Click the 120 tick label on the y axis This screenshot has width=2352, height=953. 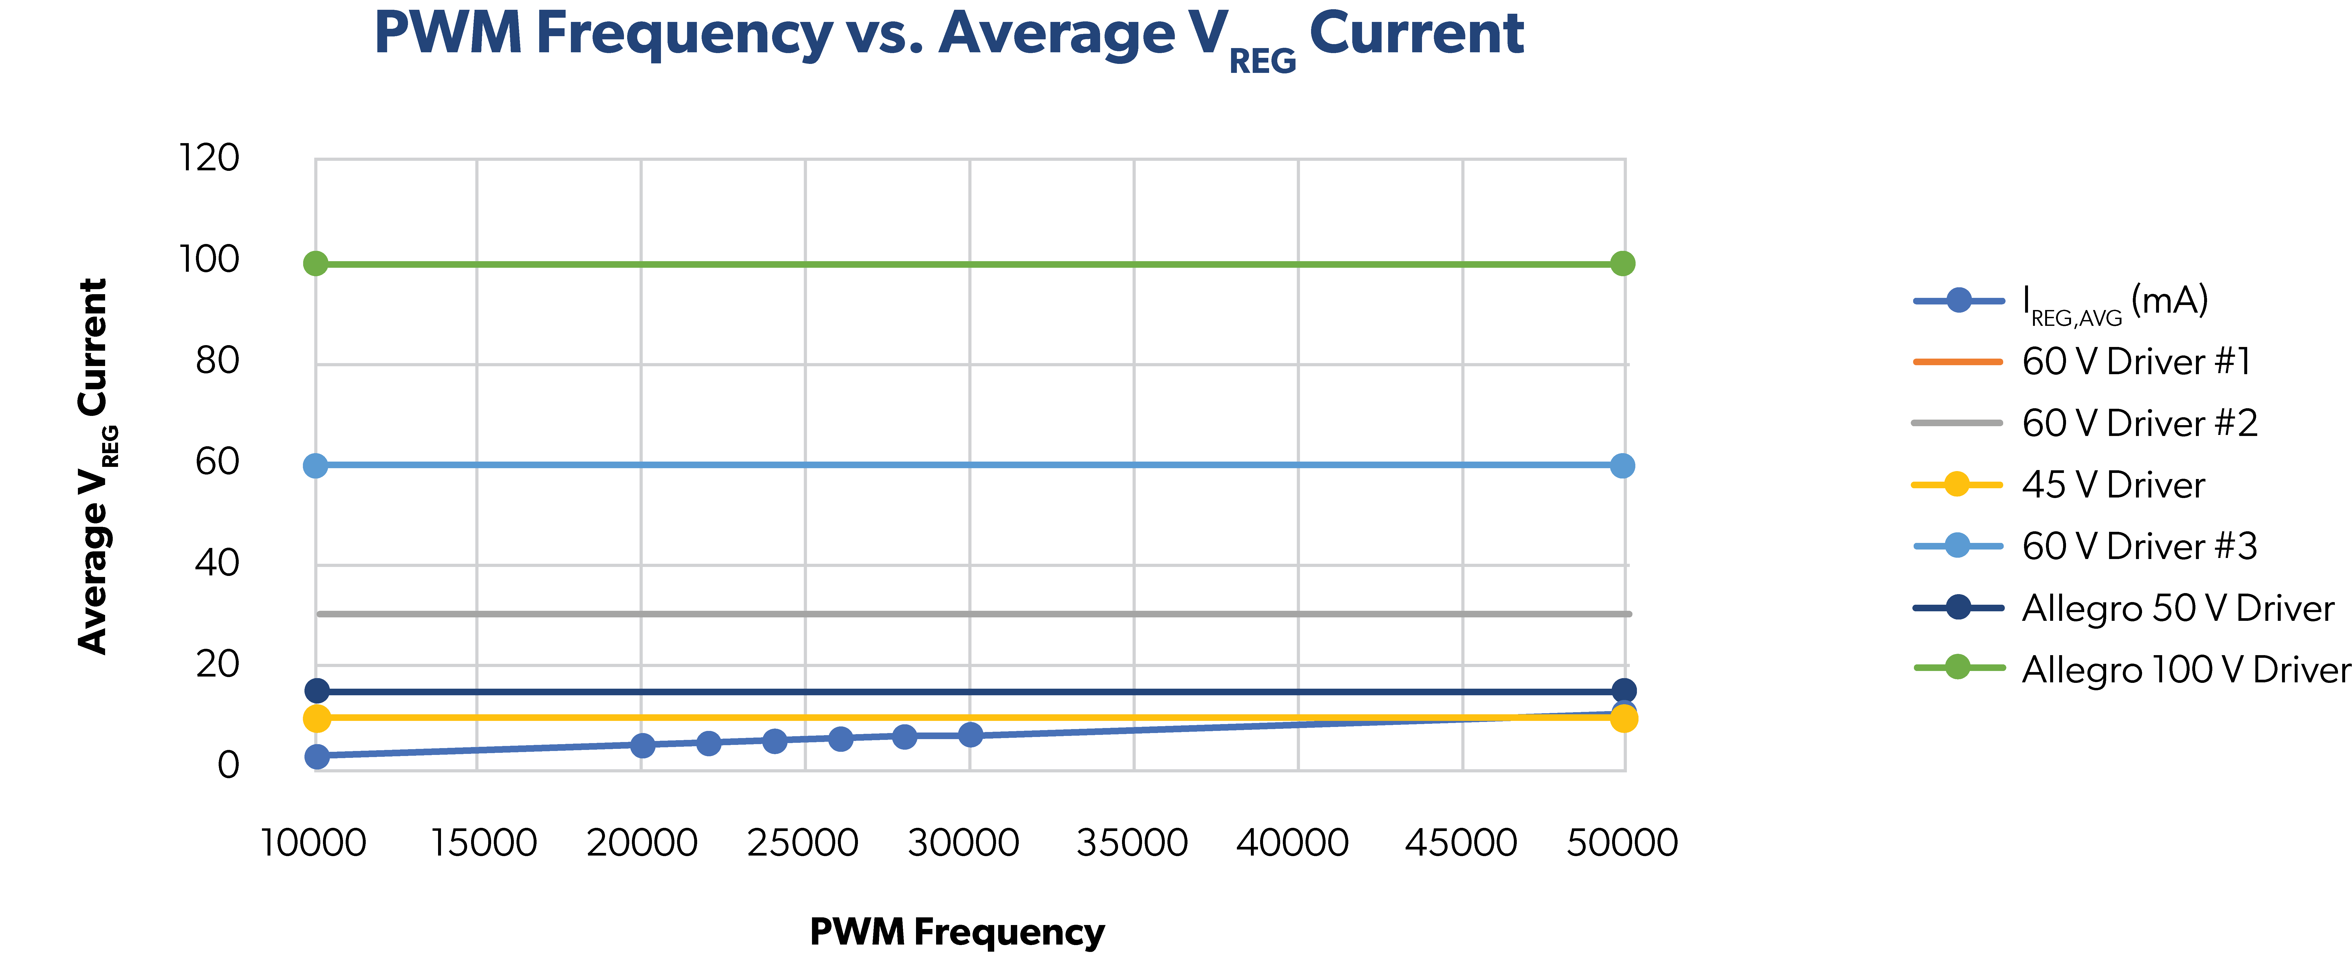pyautogui.click(x=209, y=158)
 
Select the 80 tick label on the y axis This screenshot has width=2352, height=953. pyautogui.click(x=217, y=360)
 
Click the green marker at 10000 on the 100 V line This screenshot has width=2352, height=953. pyautogui.click(x=316, y=264)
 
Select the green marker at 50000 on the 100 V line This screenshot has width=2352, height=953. pyautogui.click(x=1622, y=264)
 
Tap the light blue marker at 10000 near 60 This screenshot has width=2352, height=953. pyautogui.click(x=315, y=466)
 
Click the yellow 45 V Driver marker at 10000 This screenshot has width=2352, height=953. pyautogui.click(x=317, y=719)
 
